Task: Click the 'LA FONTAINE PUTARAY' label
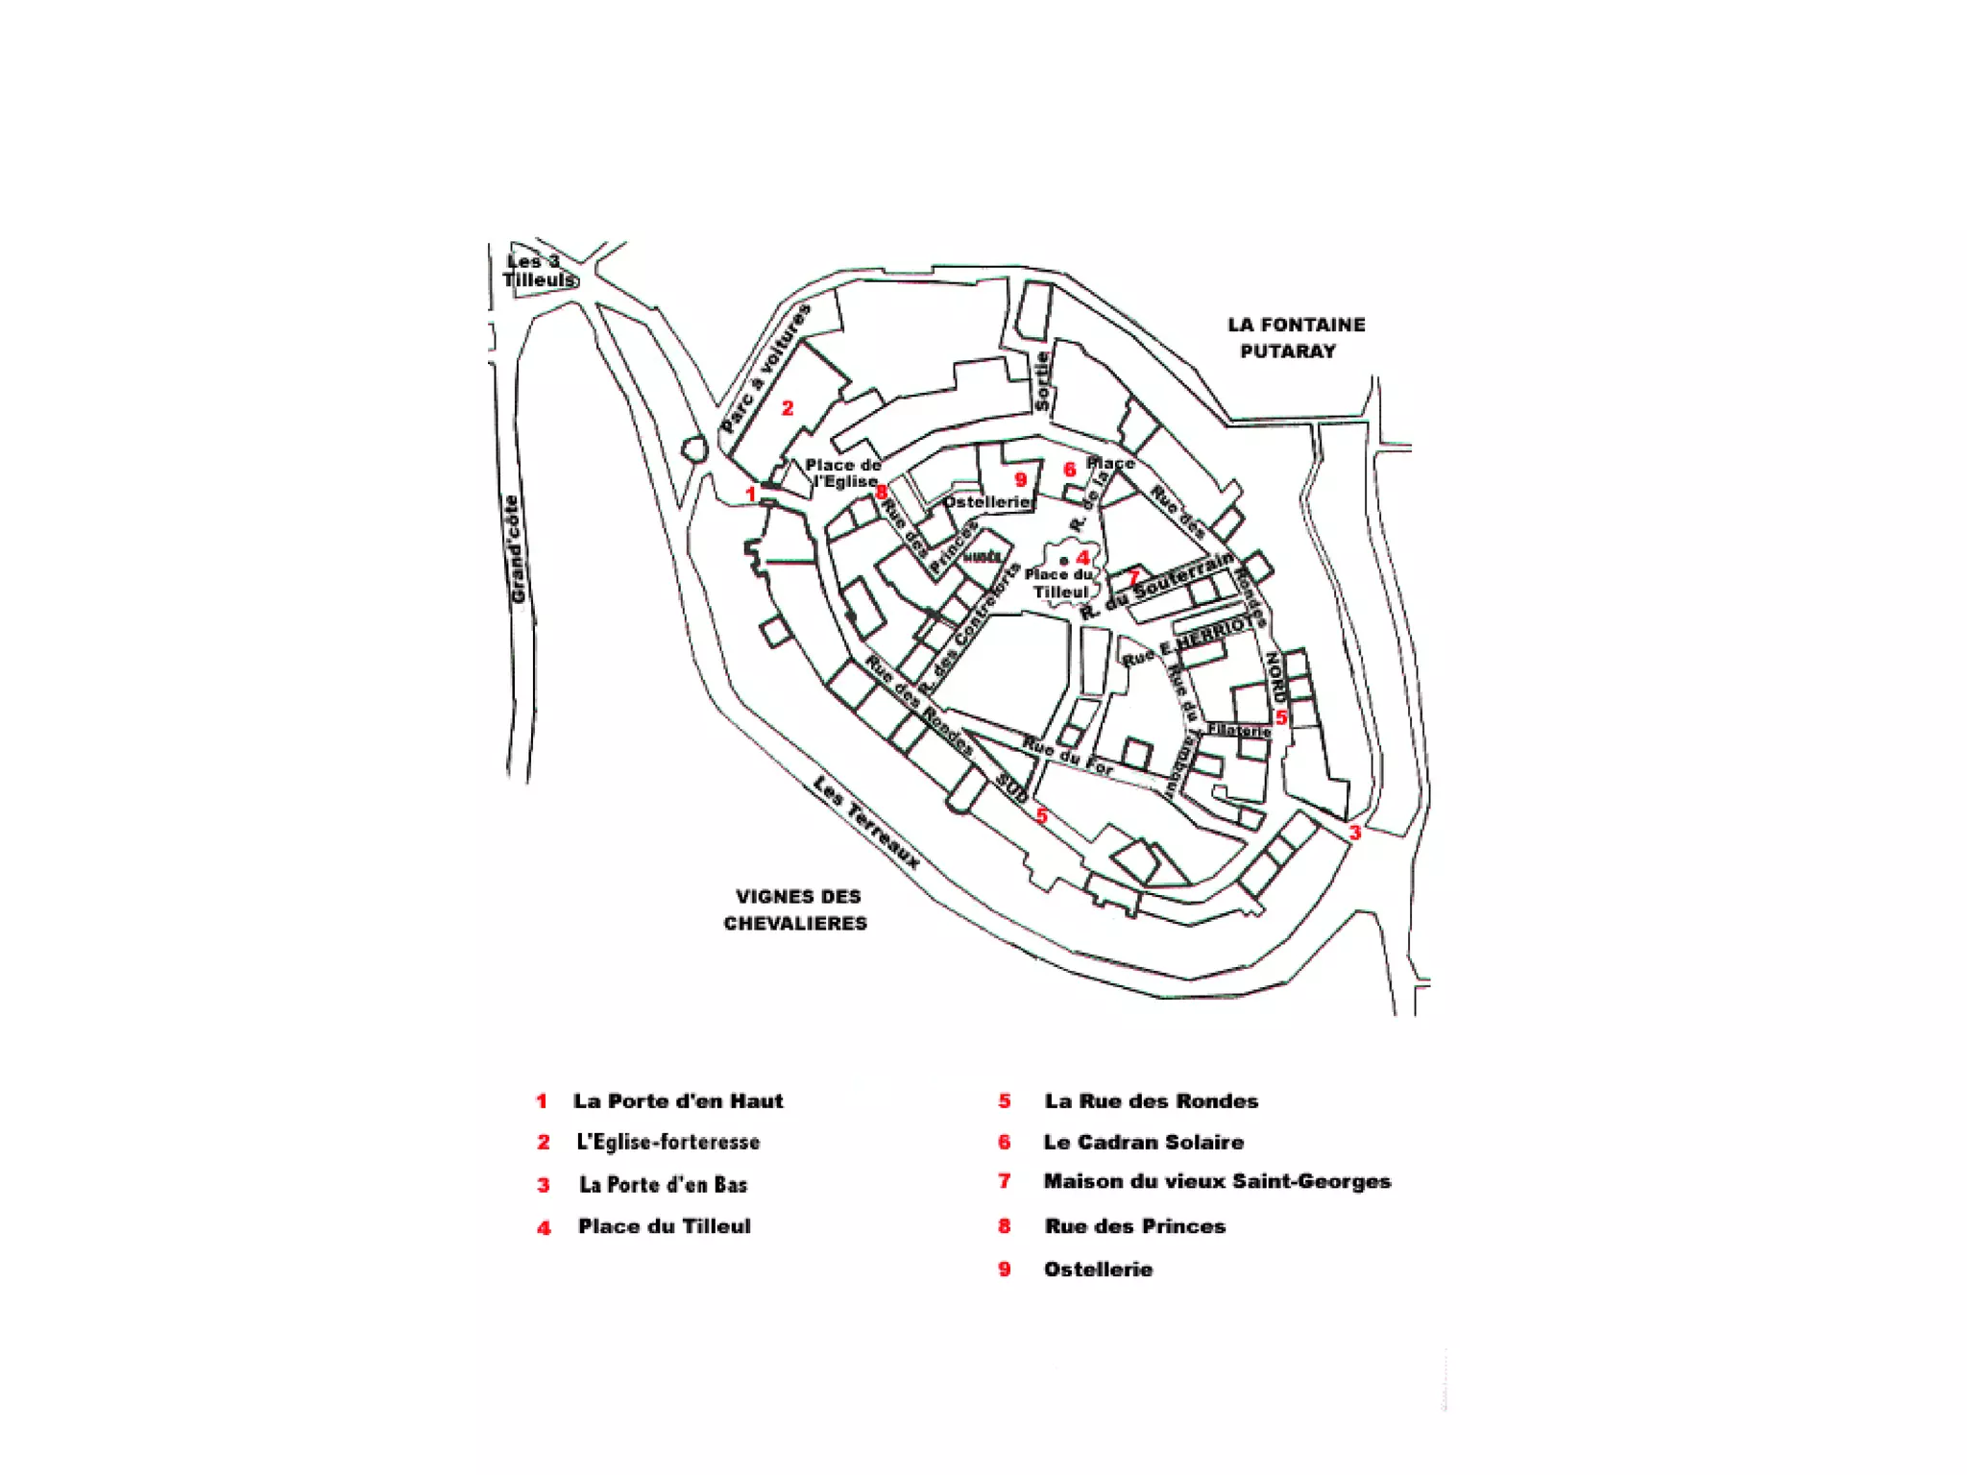pos(1295,338)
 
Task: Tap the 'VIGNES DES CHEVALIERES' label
pos(796,909)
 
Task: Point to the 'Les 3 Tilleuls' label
pos(538,271)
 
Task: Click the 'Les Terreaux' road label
pos(865,823)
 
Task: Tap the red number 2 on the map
pos(788,408)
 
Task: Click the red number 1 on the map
pos(752,494)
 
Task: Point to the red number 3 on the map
pos(1355,833)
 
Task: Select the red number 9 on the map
pos(1021,479)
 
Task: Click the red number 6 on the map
pos(1070,470)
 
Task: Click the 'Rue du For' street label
pos(1067,756)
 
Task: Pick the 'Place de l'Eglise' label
pos(842,473)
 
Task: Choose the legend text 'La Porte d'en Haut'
pos(678,1101)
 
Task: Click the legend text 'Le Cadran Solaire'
pos(1144,1143)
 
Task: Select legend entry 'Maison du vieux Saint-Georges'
pos(1217,1182)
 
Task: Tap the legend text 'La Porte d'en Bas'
pos(663,1185)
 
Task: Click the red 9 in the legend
pos(1005,1269)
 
